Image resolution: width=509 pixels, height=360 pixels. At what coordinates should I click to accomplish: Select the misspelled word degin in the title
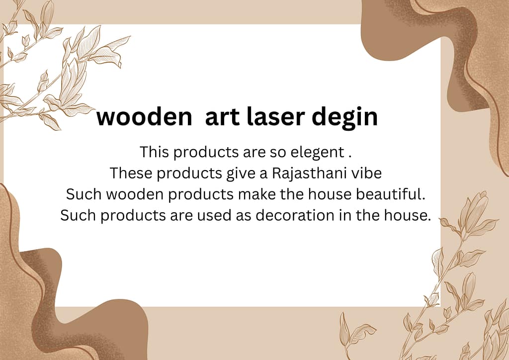(345, 117)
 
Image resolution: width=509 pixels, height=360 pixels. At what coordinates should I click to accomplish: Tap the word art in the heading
(223, 117)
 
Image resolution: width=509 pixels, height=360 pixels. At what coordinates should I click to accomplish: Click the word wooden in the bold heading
(144, 117)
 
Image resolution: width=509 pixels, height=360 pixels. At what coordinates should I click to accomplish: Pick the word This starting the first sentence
(154, 152)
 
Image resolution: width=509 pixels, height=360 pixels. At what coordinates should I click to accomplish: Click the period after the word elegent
(350, 157)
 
